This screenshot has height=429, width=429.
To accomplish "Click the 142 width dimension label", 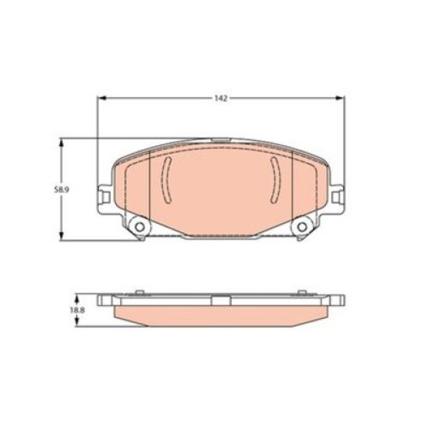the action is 221,98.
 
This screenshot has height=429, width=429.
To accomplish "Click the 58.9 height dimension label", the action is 61,189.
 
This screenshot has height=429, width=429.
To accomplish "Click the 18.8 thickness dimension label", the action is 78,310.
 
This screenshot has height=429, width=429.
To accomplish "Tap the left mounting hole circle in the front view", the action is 140,227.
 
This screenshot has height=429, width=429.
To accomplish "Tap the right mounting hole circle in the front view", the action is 302,227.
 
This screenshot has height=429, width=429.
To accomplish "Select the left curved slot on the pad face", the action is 166,179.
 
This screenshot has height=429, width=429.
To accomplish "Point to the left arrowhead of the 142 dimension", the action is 102,98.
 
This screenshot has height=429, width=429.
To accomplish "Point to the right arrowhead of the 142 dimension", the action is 340,98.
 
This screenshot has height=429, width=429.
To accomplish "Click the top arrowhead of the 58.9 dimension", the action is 61,143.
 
